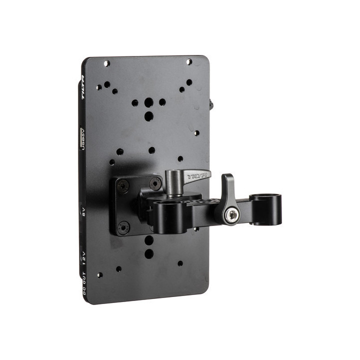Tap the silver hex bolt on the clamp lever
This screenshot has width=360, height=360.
click(230, 215)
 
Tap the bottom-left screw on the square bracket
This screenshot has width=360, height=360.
click(122, 227)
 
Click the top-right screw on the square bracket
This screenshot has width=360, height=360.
click(154, 183)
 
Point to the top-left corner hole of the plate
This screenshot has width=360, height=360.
click(106, 63)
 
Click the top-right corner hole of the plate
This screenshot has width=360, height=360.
click(189, 62)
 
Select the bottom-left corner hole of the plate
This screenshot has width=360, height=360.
click(100, 275)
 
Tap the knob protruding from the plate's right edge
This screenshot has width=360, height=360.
click(210, 105)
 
